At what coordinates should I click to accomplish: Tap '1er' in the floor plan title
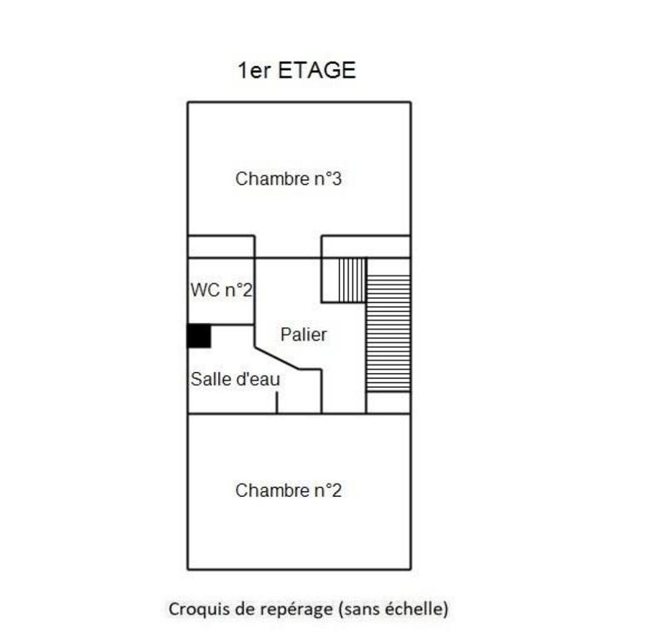point(254,70)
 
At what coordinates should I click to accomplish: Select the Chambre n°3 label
point(288,178)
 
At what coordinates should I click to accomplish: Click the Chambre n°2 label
point(288,490)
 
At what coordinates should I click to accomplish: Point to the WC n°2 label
point(221,291)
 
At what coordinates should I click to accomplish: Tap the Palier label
point(303,335)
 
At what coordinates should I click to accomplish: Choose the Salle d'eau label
point(235,379)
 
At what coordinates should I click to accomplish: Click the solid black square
point(198,335)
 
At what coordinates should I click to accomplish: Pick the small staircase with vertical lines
point(352,279)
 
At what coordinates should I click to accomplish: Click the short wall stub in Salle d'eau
point(277,401)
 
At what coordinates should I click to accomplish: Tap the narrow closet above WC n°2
point(221,247)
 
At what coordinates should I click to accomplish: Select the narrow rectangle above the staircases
point(366,247)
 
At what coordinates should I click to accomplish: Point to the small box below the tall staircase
point(388,402)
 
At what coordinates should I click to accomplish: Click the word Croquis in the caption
point(199,609)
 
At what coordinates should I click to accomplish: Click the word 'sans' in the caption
point(360,609)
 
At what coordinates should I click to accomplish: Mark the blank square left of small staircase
point(331,279)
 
